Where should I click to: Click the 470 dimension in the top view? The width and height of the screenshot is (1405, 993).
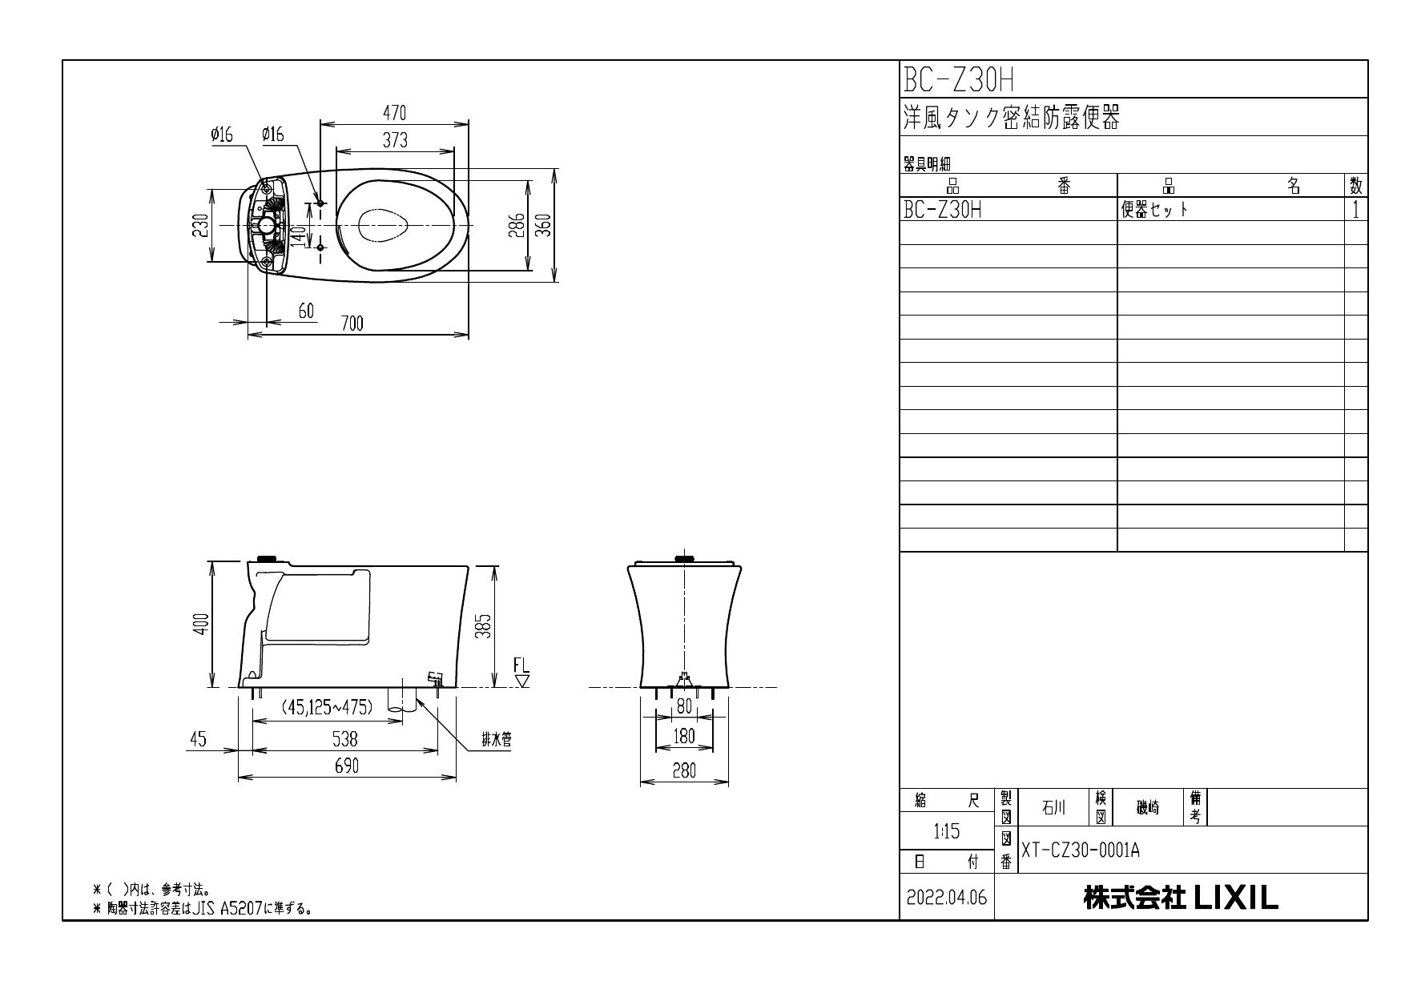(394, 113)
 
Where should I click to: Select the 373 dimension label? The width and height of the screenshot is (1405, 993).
(394, 140)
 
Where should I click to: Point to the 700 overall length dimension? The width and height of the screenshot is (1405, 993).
(352, 324)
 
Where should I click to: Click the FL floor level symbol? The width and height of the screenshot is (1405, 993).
(522, 673)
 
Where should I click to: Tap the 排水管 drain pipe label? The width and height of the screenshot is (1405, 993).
(496, 741)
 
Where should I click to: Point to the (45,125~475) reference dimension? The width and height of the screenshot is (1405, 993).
(327, 707)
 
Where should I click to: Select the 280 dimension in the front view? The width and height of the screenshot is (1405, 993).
(683, 771)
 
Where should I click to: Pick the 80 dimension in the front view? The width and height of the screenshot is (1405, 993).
(683, 706)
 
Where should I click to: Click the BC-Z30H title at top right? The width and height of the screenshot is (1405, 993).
(959, 79)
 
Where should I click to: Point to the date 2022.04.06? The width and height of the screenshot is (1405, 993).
(947, 898)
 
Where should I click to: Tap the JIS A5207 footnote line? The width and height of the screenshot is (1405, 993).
(202, 909)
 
